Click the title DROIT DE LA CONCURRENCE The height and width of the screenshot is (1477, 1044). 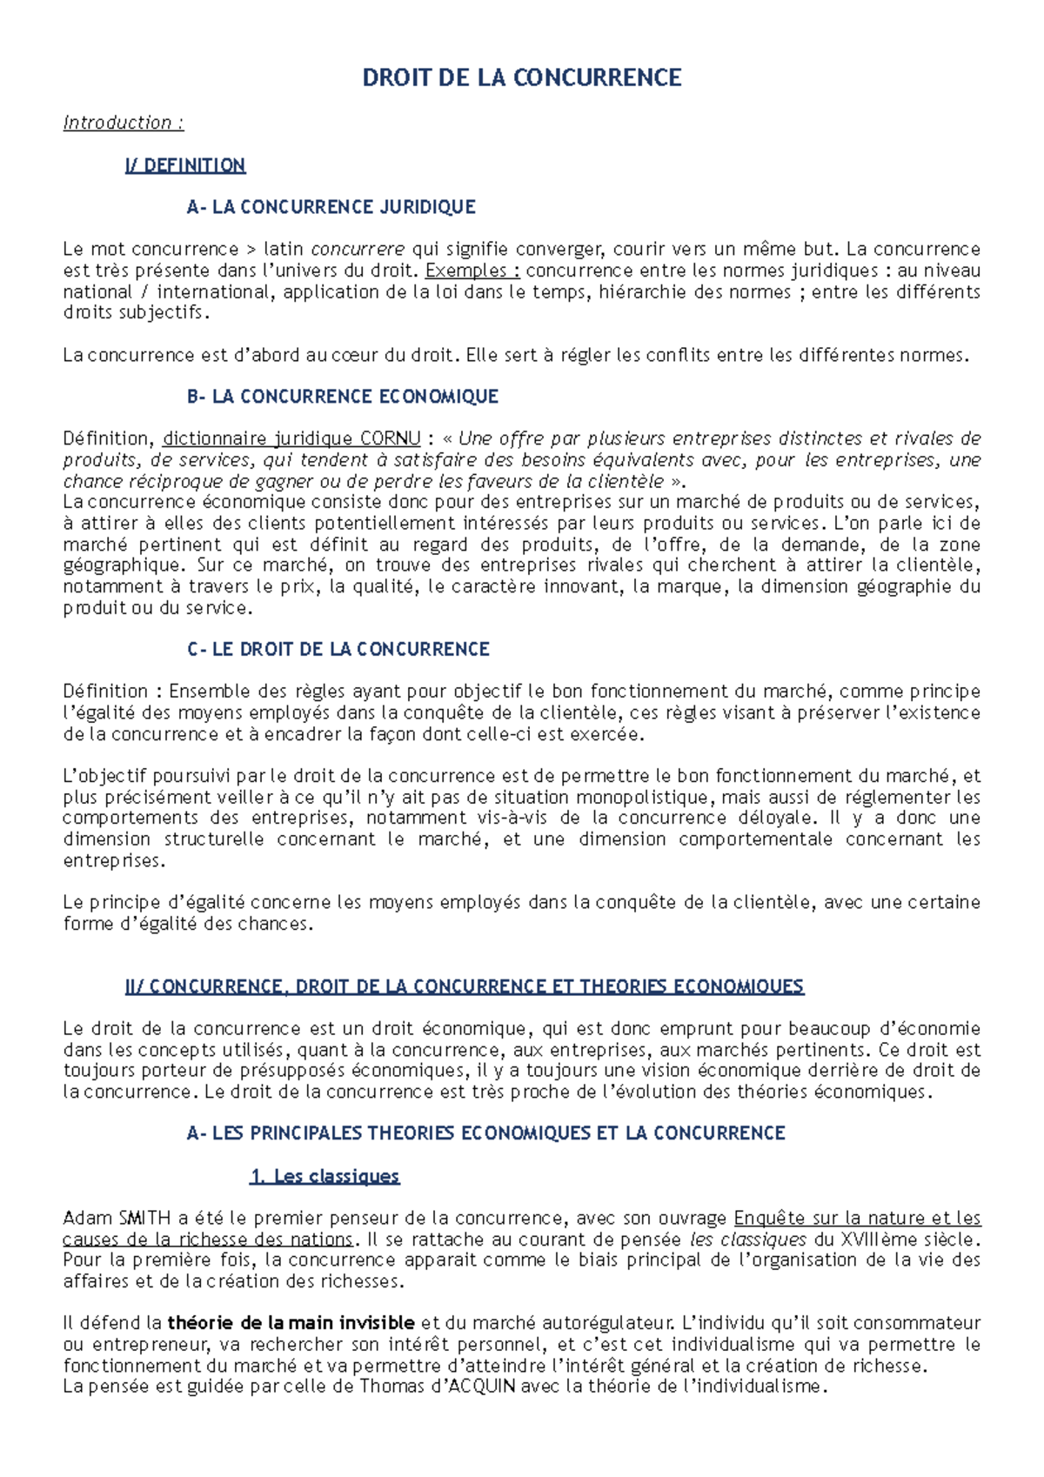[x=521, y=78]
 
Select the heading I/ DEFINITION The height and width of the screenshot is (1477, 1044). [x=185, y=165]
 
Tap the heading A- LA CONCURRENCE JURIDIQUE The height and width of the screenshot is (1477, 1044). [x=331, y=207]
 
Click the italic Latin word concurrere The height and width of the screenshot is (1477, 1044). [x=358, y=250]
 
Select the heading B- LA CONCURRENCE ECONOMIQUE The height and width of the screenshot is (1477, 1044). [x=343, y=397]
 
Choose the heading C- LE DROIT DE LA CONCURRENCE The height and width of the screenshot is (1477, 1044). [x=338, y=649]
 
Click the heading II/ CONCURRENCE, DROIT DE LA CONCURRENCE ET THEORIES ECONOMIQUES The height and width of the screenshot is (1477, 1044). [x=465, y=986]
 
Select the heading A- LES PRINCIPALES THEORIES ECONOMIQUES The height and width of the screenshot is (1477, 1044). [x=485, y=1133]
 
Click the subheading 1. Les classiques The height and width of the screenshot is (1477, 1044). [x=325, y=1176]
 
